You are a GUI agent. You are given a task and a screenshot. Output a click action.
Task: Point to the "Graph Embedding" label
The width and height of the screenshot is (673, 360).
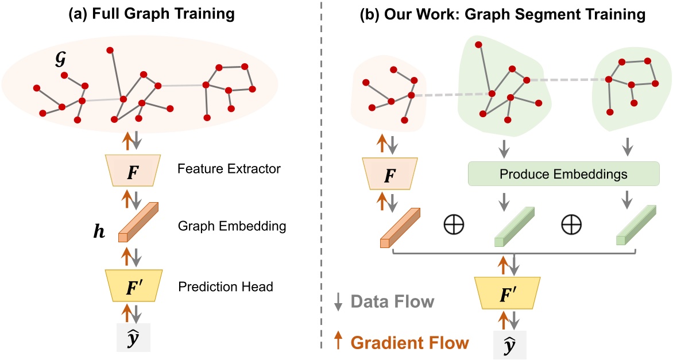coord(232,226)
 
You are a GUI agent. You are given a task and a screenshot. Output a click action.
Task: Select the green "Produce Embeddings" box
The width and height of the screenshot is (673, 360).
coord(563,173)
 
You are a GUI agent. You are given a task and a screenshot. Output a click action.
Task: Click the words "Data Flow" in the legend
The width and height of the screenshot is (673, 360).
coord(392,301)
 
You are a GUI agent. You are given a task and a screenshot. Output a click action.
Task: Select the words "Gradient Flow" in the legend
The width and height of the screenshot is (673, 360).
coord(409,343)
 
